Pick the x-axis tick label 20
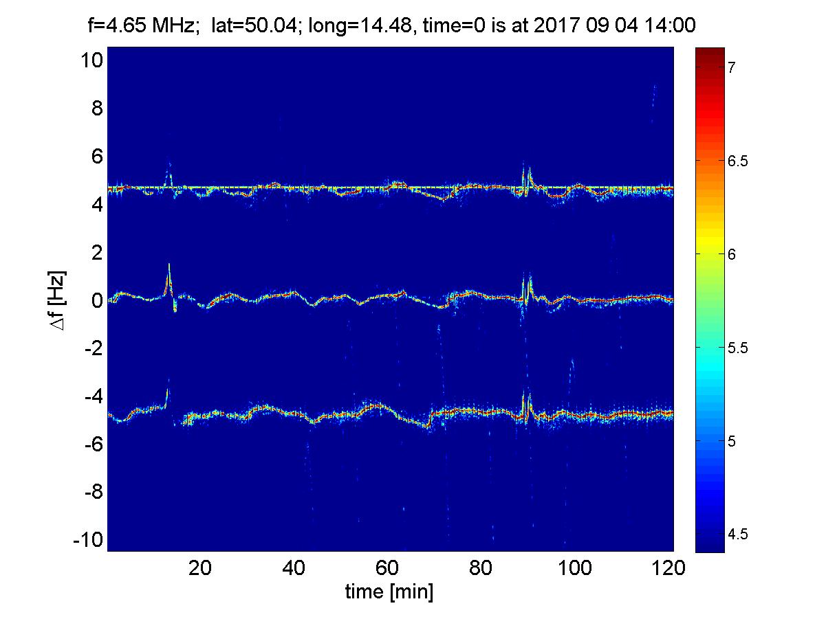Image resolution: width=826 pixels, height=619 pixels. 200,569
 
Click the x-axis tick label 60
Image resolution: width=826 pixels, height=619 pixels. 388,569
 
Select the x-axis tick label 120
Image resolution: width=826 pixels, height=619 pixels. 673,569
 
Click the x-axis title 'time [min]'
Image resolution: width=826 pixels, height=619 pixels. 389,592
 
